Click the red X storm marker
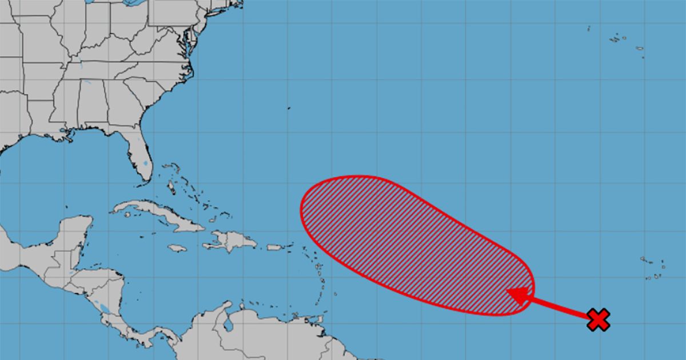tap(599, 319)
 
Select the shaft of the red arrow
tap(557, 306)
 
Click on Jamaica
tap(177, 248)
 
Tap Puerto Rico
tap(275, 247)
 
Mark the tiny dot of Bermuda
tap(289, 108)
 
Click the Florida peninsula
tap(137, 154)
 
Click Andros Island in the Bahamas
tap(170, 186)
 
